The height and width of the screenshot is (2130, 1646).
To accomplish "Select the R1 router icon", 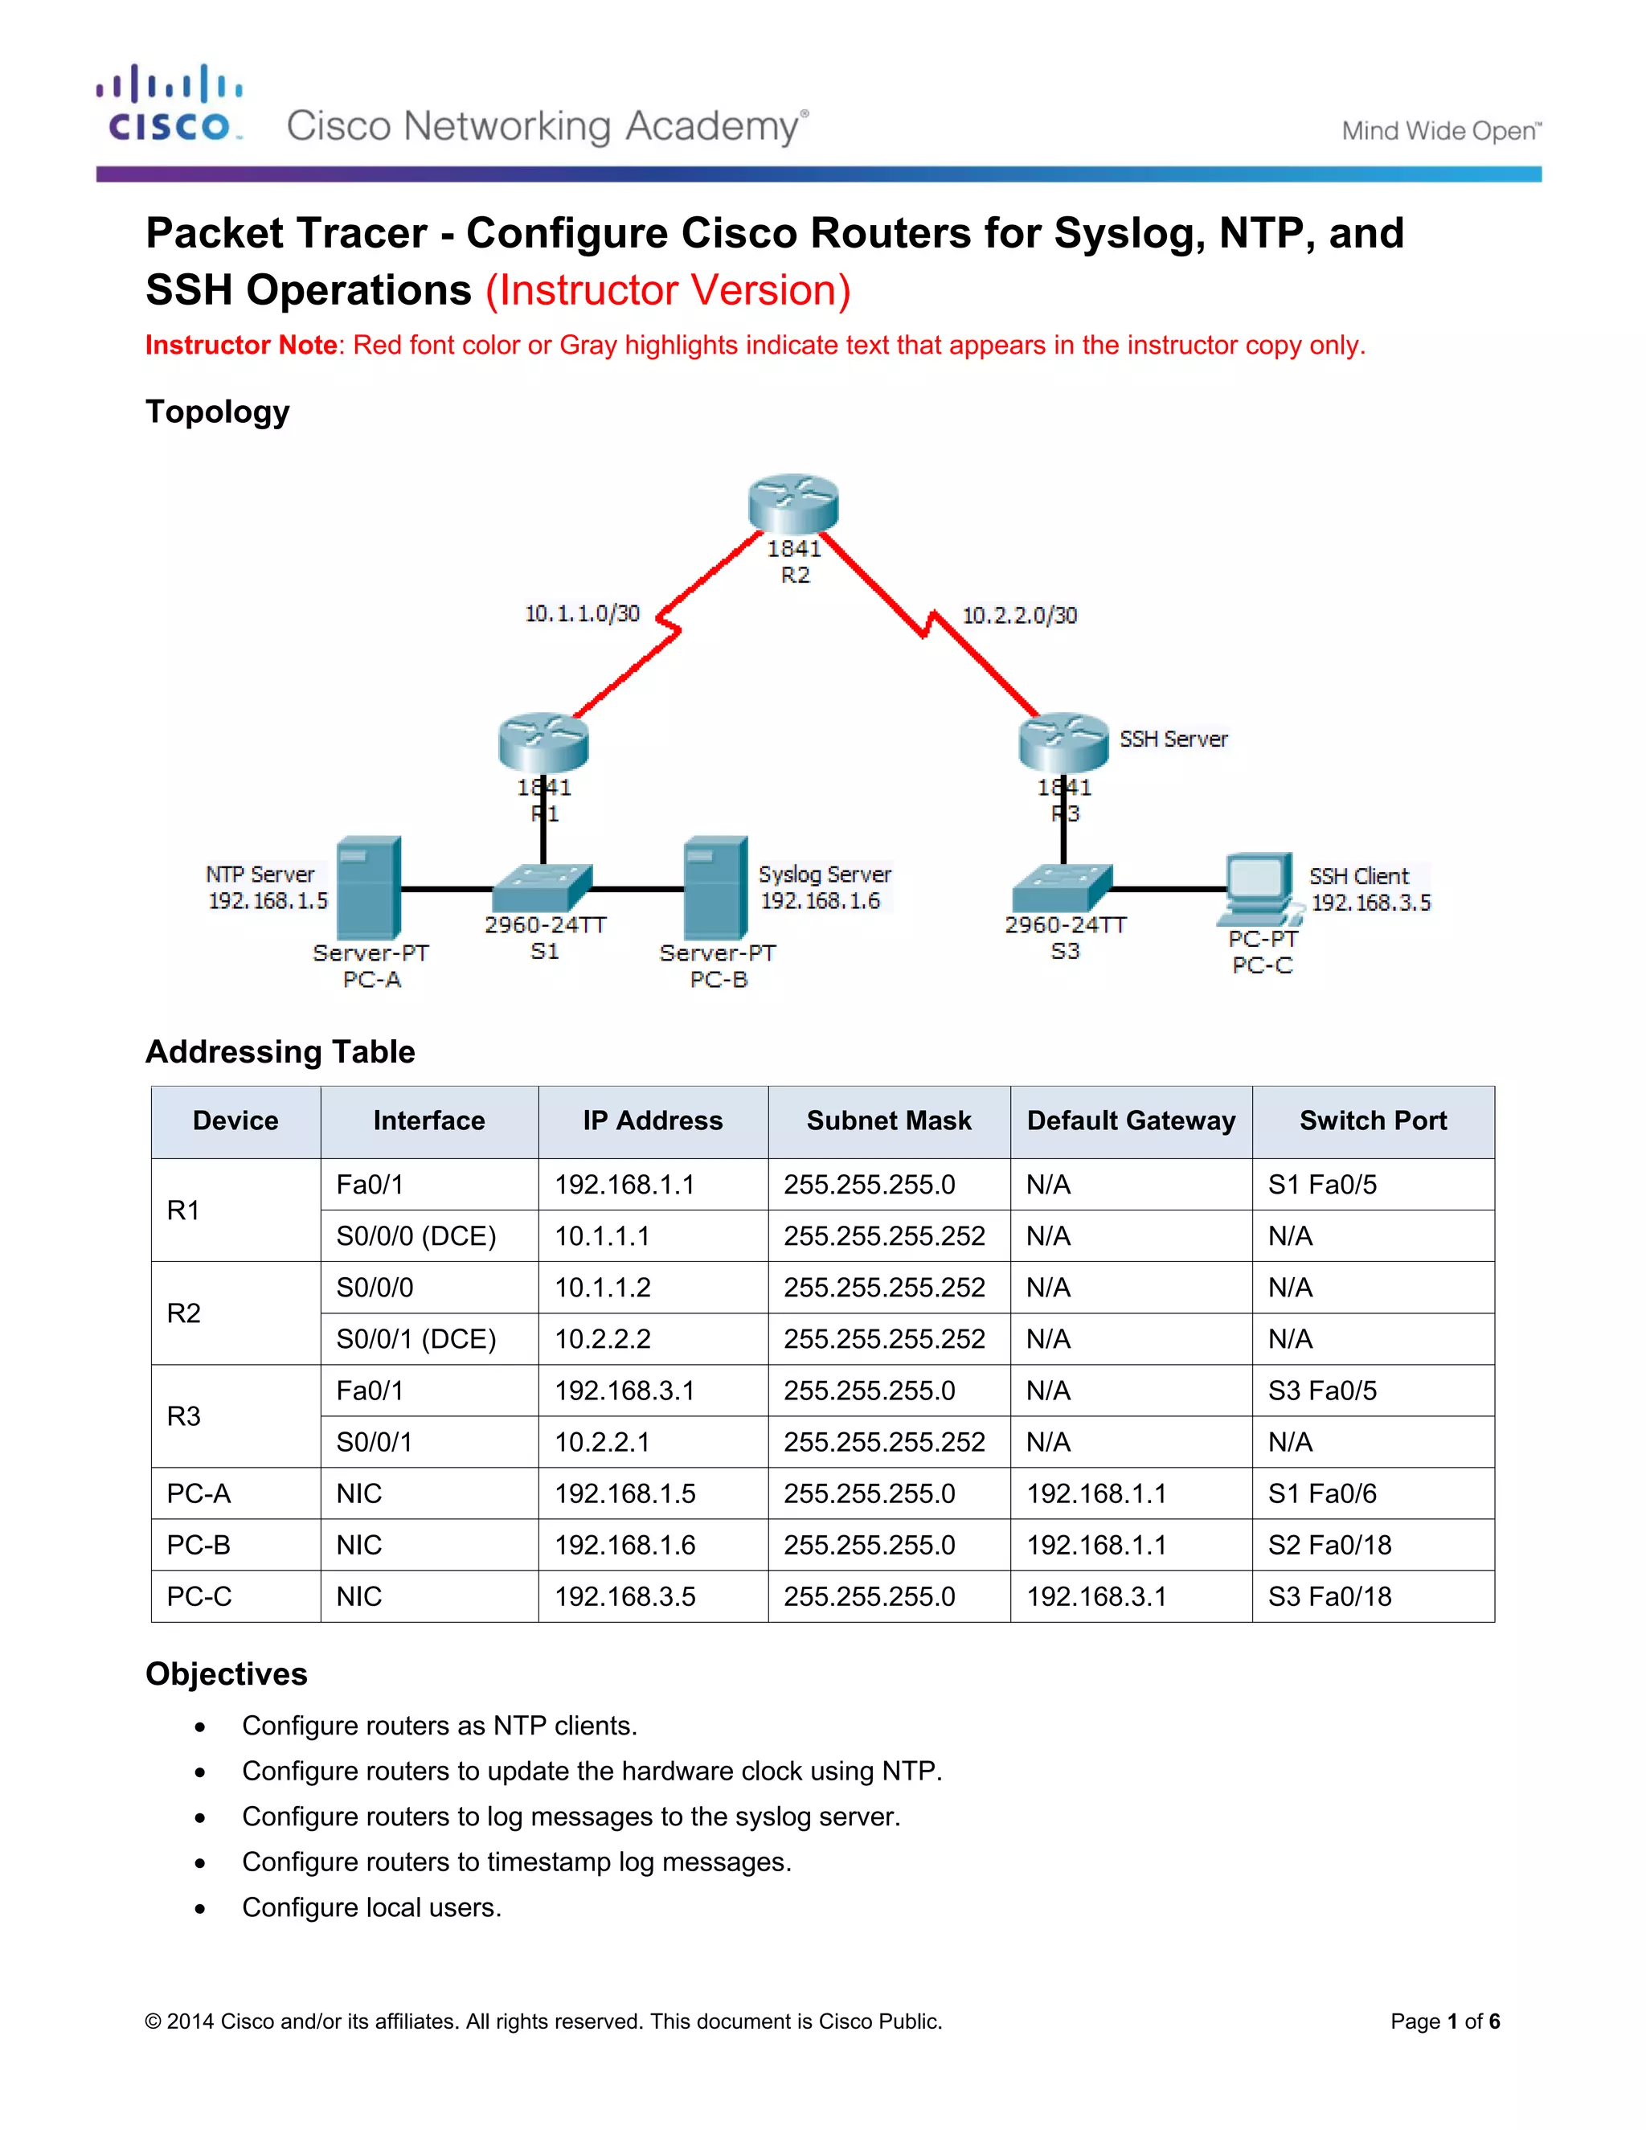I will pos(543,743).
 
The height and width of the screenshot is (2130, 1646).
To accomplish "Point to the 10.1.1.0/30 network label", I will pos(582,613).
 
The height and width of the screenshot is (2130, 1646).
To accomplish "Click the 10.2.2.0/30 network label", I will pos(1019,616).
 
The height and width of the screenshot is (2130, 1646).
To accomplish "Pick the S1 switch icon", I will pos(543,887).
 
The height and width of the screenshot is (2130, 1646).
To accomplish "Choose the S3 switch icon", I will pos(1062,887).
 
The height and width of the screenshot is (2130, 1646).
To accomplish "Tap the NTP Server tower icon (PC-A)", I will pos(369,887).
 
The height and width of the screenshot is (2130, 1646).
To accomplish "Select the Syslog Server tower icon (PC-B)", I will pos(716,887).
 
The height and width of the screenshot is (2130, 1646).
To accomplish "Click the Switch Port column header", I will pos(1372,1120).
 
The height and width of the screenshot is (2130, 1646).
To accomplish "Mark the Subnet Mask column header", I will pos(888,1120).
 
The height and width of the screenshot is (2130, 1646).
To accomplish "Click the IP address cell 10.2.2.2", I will pos(603,1339).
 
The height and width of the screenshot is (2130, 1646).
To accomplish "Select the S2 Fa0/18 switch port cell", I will pos(1329,1545).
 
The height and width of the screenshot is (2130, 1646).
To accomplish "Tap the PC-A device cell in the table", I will pos(199,1493).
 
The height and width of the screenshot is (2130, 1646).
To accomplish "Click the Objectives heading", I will pos(226,1673).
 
